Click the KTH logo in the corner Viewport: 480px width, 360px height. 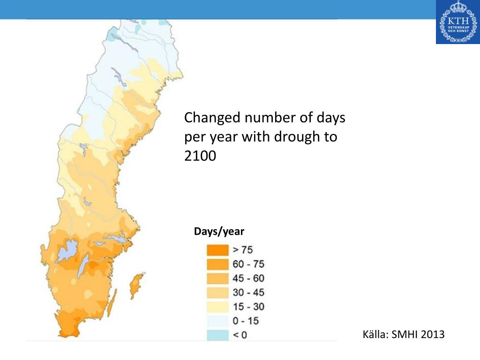coord(457,22)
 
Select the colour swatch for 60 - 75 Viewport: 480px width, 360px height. coord(218,264)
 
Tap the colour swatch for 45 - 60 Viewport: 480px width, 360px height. coord(218,278)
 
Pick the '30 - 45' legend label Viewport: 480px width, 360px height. coord(248,292)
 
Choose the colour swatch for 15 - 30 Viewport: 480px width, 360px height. coord(218,307)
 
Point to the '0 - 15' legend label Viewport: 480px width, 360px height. coord(246,321)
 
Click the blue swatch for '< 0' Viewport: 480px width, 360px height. coord(218,335)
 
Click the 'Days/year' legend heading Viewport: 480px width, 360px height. coord(219,232)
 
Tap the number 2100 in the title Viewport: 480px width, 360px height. coord(200,156)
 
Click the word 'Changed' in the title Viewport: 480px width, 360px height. coord(212,117)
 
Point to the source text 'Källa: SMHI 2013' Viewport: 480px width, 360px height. coord(404,334)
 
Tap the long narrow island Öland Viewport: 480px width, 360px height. coord(112,304)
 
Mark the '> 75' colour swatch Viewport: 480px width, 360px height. coord(218,250)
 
